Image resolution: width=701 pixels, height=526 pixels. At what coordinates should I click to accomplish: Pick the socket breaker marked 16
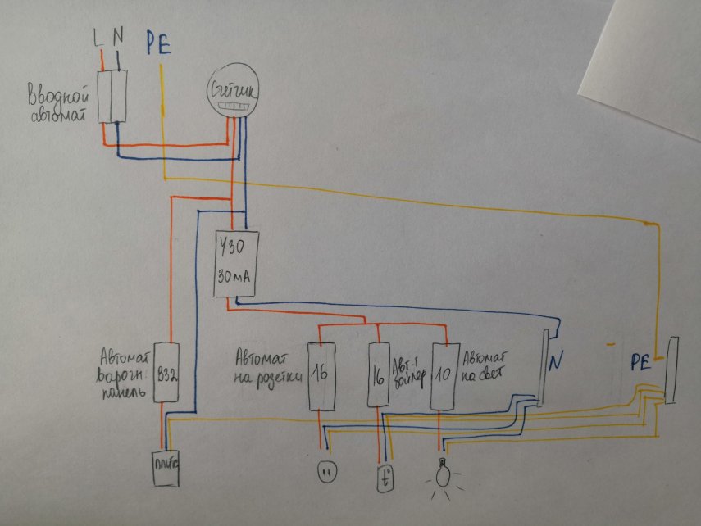pyautogui.click(x=322, y=375)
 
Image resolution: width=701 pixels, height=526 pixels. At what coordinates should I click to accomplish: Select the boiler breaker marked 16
pyautogui.click(x=378, y=374)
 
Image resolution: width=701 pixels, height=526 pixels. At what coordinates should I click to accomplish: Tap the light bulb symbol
pyautogui.click(x=444, y=474)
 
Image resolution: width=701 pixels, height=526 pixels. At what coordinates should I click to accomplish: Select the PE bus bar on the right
pyautogui.click(x=671, y=370)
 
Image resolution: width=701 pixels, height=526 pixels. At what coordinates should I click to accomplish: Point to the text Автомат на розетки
pyautogui.click(x=265, y=367)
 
